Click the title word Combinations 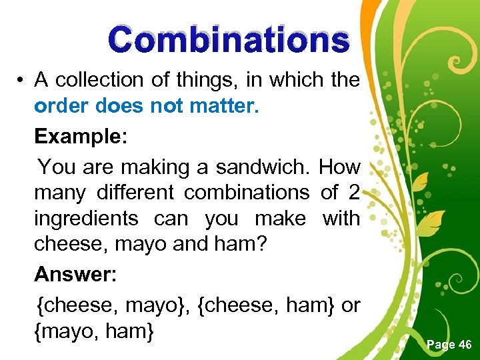coord(229,40)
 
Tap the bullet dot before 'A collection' coord(22,81)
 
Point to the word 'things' coord(207,80)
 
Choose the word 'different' coord(135,193)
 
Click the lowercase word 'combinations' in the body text coord(247,193)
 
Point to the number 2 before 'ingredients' coord(353,193)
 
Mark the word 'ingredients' coord(86,219)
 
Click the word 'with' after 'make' coord(341,218)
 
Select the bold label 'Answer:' coord(75,274)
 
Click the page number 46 coord(464,345)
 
